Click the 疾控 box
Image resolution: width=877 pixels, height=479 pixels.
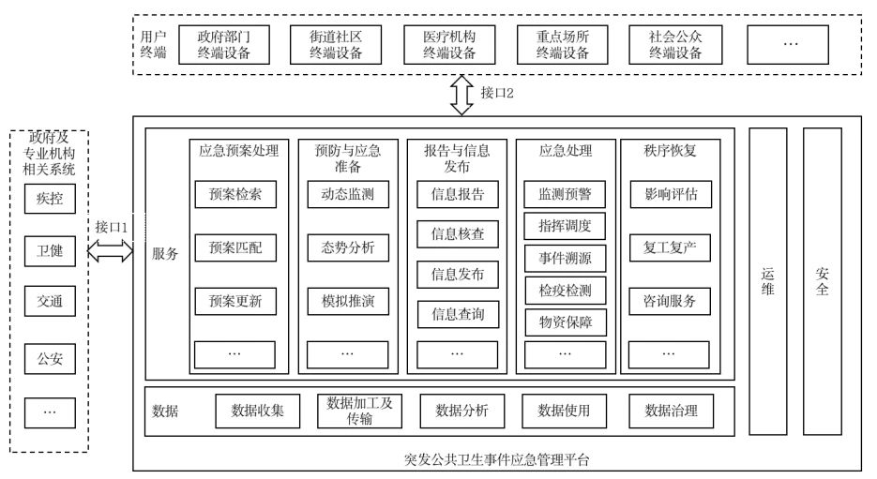[x=49, y=200]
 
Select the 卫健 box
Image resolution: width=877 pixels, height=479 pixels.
[x=49, y=250]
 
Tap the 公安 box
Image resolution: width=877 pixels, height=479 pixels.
[x=49, y=359]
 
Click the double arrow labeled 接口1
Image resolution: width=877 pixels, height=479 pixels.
[x=112, y=249]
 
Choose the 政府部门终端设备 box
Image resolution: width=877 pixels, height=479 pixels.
[x=224, y=44]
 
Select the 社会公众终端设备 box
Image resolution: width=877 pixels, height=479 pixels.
[x=675, y=44]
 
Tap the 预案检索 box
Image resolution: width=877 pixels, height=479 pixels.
[x=234, y=194]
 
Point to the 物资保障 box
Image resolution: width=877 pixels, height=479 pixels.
[x=565, y=322]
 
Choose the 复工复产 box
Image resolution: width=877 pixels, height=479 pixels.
[x=670, y=247]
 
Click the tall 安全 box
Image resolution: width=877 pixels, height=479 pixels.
[x=822, y=281]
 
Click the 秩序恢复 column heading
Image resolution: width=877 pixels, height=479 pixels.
[x=670, y=149]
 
